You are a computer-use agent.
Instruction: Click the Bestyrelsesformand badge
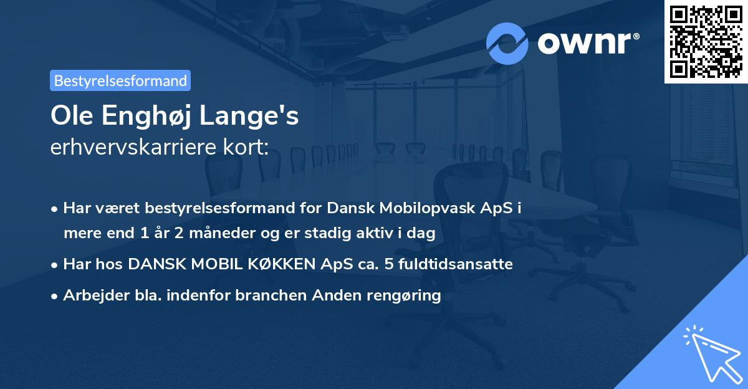pyautogui.click(x=120, y=80)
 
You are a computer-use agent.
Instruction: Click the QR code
pyautogui.click(x=706, y=42)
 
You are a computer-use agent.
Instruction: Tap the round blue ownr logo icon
pyautogui.click(x=507, y=44)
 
